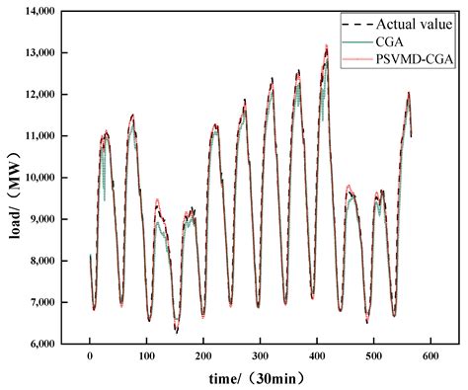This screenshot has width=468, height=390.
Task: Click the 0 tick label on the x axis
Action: point(90,355)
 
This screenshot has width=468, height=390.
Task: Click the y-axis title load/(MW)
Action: point(13,178)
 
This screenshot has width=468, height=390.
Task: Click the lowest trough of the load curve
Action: point(178,332)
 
